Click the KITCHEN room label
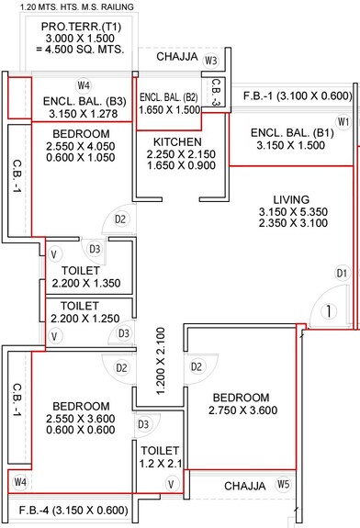pyautogui.click(x=179, y=141)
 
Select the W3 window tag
pyautogui.click(x=211, y=61)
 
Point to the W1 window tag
pyautogui.click(x=343, y=122)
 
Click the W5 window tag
pyautogui.click(x=284, y=484)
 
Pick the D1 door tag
pyautogui.click(x=341, y=273)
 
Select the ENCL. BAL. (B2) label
pyautogui.click(x=169, y=96)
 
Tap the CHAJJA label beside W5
pyautogui.click(x=244, y=485)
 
